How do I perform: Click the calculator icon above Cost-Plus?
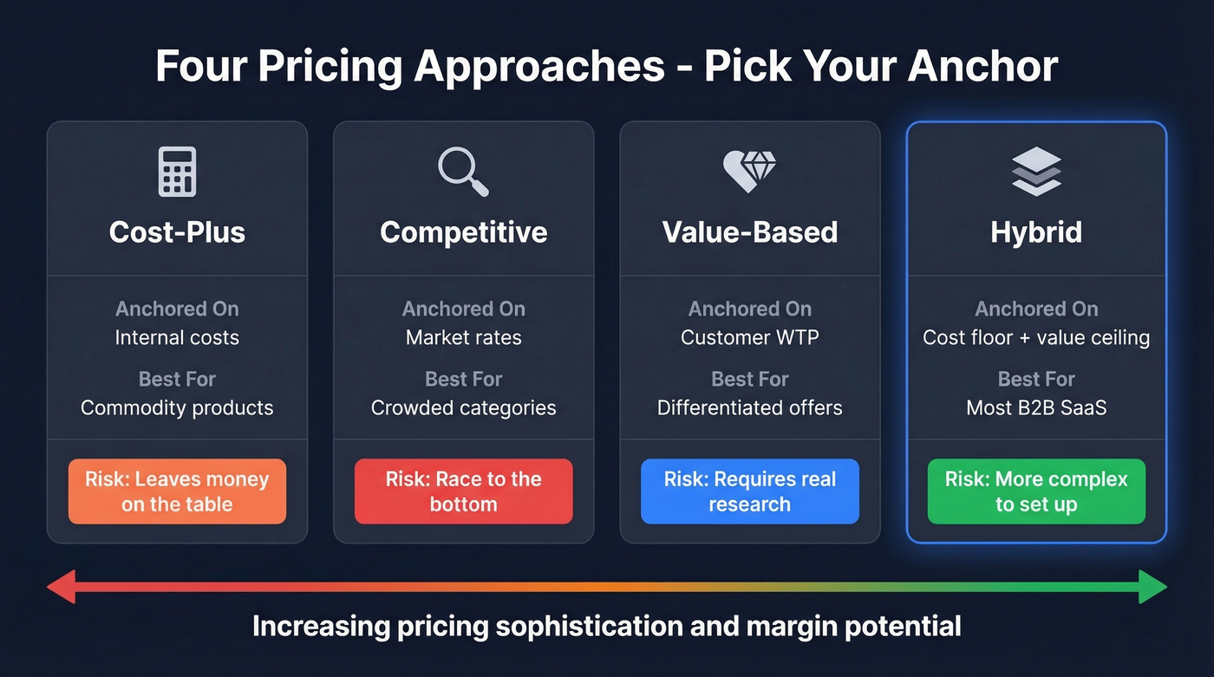tap(177, 171)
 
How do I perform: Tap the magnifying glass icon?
tap(463, 171)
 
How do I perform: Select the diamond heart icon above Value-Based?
tap(749, 169)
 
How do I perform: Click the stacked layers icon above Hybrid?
tap(1036, 171)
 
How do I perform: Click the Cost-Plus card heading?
tap(177, 232)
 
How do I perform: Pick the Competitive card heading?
tap(463, 232)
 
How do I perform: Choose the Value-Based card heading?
tap(749, 232)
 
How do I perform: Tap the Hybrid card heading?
tap(1036, 232)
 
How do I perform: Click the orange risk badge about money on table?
tap(177, 491)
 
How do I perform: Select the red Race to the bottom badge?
tap(463, 491)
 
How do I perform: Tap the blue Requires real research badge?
tap(749, 491)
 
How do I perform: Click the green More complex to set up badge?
tap(1036, 491)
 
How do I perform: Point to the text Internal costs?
tap(177, 338)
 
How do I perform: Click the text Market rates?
tap(463, 338)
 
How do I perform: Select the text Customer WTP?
tap(749, 338)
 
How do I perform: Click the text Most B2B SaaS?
tap(1036, 407)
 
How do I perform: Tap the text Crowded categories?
tap(463, 407)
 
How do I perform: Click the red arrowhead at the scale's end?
tap(61, 587)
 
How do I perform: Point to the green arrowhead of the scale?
tap(1153, 587)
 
